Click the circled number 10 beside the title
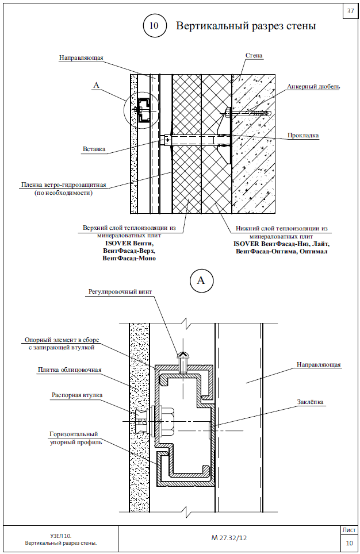[155, 26]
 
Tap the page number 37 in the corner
[350, 11]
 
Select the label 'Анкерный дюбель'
[313, 87]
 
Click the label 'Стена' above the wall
[254, 56]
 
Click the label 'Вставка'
[94, 149]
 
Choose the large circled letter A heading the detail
[201, 280]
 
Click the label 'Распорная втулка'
[77, 395]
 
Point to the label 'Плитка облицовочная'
[70, 370]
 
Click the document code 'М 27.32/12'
[229, 538]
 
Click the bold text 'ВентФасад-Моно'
[129, 259]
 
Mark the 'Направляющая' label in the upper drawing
[81, 58]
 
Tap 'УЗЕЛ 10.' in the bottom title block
[61, 535]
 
